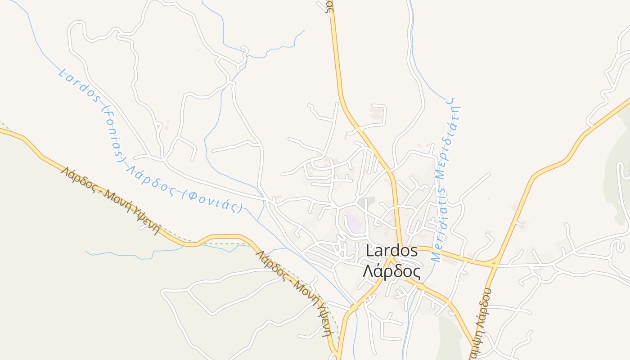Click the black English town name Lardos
392,251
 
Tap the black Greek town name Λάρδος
392,272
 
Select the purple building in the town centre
353,222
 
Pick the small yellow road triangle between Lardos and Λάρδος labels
390,261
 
